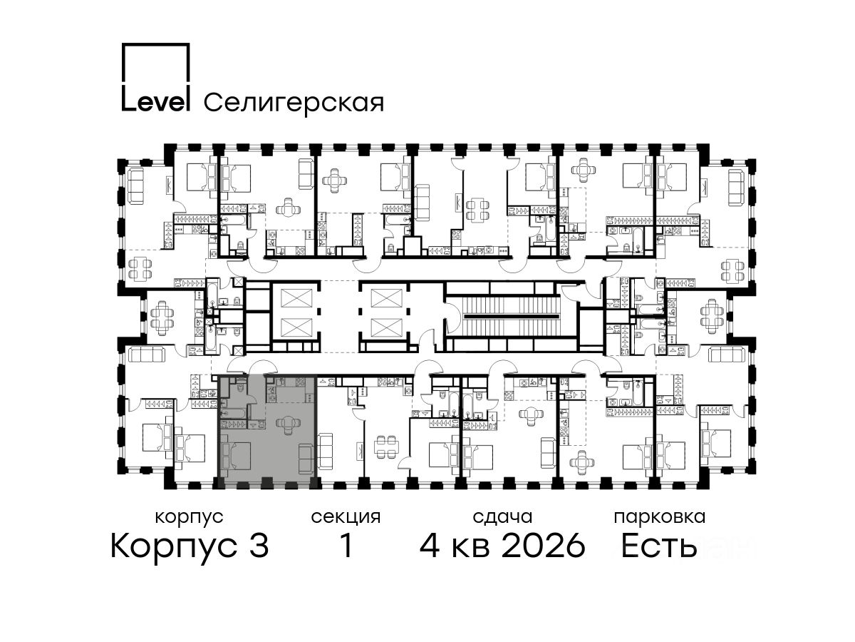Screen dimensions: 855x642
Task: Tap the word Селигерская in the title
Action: (x=294, y=103)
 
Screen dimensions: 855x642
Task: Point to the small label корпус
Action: (x=189, y=518)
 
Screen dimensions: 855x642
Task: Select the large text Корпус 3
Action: (x=190, y=546)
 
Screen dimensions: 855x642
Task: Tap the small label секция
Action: (x=346, y=518)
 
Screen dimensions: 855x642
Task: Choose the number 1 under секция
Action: (x=346, y=546)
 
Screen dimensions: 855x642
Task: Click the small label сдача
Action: (x=502, y=517)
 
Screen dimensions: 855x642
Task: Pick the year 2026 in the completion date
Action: (x=544, y=546)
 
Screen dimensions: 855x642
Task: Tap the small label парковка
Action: (x=660, y=518)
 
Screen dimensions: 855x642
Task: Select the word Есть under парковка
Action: (x=659, y=546)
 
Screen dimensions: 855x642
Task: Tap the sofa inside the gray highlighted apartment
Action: (x=305, y=459)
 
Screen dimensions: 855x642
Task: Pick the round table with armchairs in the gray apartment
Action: (x=288, y=424)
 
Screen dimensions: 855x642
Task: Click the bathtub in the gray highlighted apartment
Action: (x=232, y=413)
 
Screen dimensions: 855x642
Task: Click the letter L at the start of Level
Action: (x=128, y=98)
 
